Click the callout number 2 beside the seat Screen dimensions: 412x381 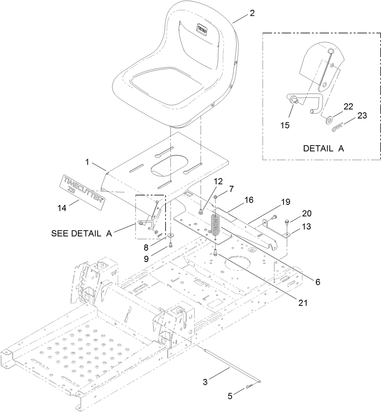252,13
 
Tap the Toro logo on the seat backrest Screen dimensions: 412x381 202,29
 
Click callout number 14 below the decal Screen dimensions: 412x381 62,208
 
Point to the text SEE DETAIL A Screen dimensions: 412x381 81,234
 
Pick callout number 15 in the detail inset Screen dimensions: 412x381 285,125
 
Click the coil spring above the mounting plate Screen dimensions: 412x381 215,225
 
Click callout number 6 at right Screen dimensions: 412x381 317,282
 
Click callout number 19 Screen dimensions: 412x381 286,202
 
